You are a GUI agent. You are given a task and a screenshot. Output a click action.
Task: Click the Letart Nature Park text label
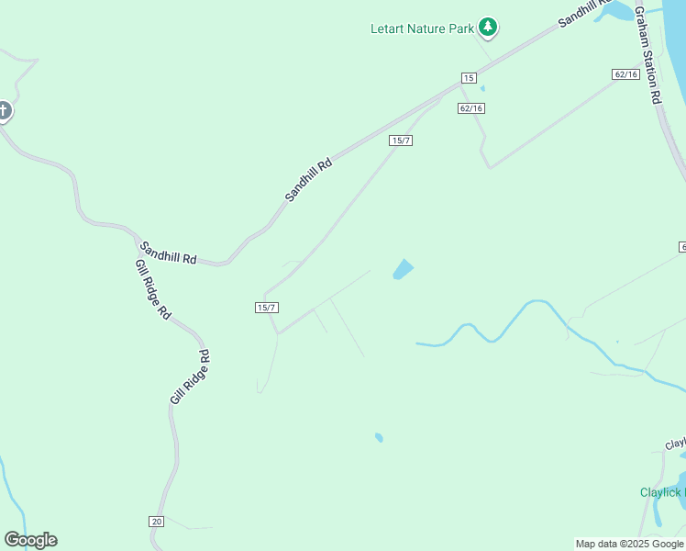click(x=422, y=28)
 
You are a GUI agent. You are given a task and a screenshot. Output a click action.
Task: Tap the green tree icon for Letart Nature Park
click(x=489, y=28)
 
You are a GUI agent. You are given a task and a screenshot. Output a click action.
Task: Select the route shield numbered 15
click(x=469, y=78)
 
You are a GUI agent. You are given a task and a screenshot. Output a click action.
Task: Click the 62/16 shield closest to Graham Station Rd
click(x=626, y=73)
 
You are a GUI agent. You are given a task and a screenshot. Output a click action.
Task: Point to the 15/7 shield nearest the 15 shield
click(x=400, y=140)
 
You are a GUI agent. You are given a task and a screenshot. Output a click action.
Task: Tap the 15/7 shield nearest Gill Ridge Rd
click(x=266, y=308)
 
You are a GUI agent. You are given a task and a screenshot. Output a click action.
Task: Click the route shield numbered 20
click(x=156, y=521)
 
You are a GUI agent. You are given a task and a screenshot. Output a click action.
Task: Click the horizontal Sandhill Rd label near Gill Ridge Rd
click(x=168, y=253)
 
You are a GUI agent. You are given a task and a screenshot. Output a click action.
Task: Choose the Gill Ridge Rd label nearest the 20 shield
click(x=191, y=377)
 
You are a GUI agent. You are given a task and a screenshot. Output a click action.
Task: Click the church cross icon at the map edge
click(x=4, y=112)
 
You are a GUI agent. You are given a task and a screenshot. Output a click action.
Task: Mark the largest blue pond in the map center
click(x=403, y=269)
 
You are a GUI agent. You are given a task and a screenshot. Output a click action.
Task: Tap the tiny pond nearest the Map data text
click(x=379, y=438)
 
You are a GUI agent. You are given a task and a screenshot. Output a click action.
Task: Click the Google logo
click(x=30, y=540)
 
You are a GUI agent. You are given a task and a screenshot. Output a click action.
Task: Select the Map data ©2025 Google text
click(x=629, y=544)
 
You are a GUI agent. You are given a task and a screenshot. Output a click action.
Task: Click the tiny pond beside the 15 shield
click(x=482, y=89)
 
